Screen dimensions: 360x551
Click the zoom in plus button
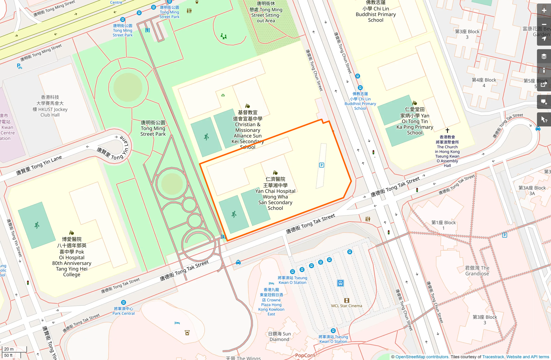544,11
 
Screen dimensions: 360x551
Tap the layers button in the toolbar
544,56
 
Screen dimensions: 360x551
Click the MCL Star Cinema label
347,306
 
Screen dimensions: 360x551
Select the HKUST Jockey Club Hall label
50,106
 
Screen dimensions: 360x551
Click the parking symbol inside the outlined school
321,165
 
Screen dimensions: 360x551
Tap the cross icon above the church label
447,131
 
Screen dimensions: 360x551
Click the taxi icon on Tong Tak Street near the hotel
238,262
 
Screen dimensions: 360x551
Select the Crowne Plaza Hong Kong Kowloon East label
271,302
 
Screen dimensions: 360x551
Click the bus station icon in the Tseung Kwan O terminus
340,283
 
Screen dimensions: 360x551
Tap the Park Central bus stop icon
123,302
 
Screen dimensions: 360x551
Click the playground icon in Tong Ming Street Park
224,37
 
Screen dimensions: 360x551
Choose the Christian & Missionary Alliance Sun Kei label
247,130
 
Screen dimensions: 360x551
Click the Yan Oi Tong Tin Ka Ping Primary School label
415,121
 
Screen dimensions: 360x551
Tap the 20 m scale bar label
9,349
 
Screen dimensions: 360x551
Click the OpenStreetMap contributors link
422,357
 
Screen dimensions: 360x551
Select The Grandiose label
477,271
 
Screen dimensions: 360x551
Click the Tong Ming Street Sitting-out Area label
266,12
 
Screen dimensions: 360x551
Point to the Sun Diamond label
279,337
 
